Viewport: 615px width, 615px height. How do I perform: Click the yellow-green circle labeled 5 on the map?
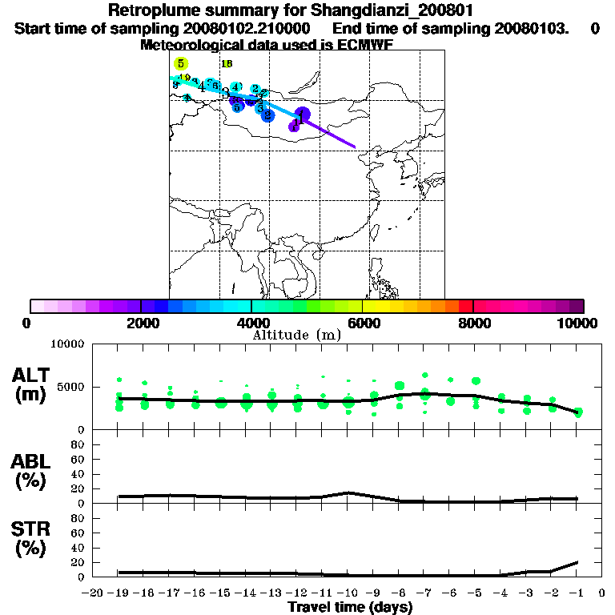tap(182, 63)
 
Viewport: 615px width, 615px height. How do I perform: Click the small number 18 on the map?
tap(227, 64)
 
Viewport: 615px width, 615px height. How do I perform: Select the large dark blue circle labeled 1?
tap(302, 115)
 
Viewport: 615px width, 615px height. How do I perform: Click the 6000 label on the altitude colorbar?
tap(362, 323)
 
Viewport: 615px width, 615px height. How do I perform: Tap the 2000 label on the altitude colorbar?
tap(141, 323)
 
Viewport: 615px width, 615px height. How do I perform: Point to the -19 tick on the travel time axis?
tap(119, 593)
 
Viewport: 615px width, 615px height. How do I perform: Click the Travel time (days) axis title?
tap(350, 608)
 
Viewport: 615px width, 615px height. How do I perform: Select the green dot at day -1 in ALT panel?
tap(577, 412)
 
